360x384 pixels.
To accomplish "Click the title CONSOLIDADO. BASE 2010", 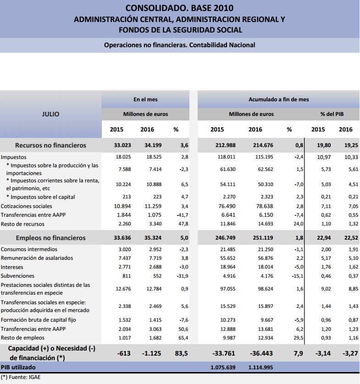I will click(x=179, y=8).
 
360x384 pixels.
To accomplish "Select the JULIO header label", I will click(x=50, y=114).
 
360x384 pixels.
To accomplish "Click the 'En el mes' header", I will click(x=145, y=99).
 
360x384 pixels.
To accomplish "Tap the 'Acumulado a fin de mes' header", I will click(x=278, y=99).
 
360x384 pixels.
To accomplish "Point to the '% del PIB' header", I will click(x=332, y=114).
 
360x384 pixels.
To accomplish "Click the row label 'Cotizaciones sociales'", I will click(x=27, y=206).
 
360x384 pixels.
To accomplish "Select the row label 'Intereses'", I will click(x=12, y=267).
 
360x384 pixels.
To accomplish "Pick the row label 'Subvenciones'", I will click(x=17, y=276).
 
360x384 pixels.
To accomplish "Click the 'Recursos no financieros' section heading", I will click(x=50, y=145).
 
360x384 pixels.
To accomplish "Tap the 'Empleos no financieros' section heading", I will click(x=50, y=238).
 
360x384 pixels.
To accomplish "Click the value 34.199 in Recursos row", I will click(x=147, y=145).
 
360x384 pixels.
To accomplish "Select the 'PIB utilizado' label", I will click(x=18, y=368).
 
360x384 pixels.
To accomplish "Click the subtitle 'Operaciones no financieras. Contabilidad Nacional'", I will click(x=179, y=45).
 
